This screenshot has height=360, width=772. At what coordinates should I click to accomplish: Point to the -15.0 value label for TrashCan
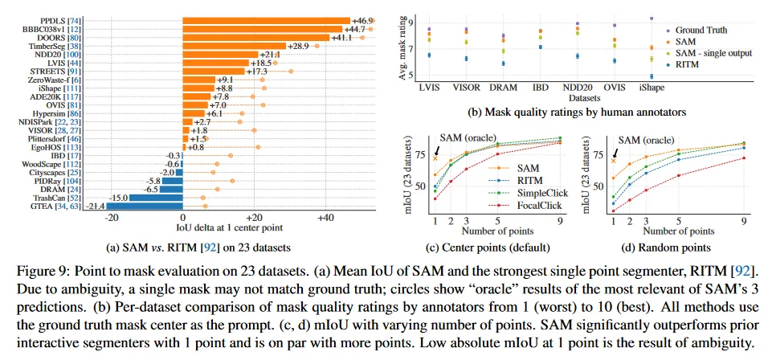coord(118,197)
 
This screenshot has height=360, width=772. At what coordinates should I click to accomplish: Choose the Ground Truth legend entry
coord(700,30)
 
